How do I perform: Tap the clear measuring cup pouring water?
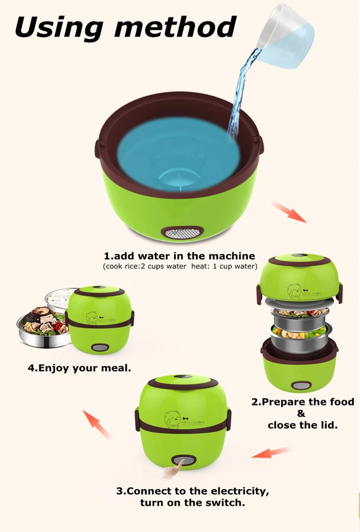tap(285, 35)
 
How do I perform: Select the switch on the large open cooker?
tap(182, 233)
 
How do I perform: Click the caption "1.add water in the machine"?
tap(179, 256)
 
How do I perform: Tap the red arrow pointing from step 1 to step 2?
tap(288, 212)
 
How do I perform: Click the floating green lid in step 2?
tap(299, 278)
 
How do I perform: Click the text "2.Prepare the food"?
tap(302, 402)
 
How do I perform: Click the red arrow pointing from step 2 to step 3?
tap(271, 452)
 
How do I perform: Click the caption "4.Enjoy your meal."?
tap(80, 368)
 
